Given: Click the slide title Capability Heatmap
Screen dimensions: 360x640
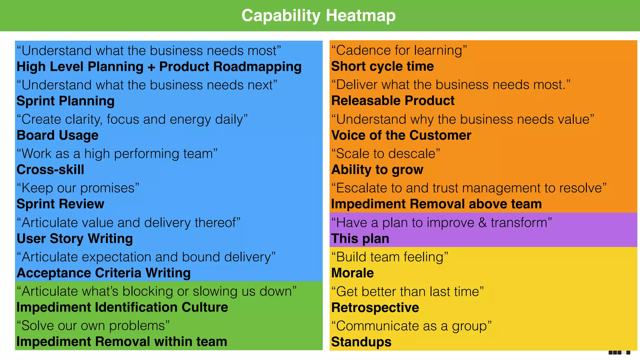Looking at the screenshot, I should tap(318, 16).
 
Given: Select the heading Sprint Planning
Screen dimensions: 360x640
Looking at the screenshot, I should tap(66, 101).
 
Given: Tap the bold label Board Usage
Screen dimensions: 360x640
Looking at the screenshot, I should tap(57, 135).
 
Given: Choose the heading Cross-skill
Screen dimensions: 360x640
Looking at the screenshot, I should tap(50, 170).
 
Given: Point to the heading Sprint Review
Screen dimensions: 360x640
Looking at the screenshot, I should tap(60, 204).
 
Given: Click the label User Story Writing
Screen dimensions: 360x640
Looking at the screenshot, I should tap(75, 238).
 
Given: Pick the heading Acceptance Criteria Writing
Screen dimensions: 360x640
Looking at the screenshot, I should tap(103, 273).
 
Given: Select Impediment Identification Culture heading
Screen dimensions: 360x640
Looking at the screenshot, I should tap(122, 307).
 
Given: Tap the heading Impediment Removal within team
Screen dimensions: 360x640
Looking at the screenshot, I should tap(122, 342).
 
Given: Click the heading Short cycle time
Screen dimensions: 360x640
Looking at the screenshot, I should tap(382, 66).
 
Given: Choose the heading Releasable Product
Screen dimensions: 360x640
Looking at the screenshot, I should tap(393, 101).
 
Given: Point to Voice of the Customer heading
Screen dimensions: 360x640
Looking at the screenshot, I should tap(401, 135).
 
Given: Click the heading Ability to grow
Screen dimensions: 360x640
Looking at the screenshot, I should tap(377, 170).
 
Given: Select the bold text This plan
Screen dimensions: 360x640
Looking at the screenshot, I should tap(360, 239).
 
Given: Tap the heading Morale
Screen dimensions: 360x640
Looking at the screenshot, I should tap(352, 273).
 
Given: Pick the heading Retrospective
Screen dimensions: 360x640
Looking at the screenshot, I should tap(375, 307).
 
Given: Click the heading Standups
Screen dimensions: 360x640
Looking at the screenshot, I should tap(361, 342).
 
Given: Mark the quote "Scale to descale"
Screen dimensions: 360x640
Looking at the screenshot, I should tap(386, 154).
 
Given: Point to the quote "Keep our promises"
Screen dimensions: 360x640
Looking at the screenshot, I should tap(78, 188).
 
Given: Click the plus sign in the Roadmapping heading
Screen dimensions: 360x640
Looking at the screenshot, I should tap(151, 67).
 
